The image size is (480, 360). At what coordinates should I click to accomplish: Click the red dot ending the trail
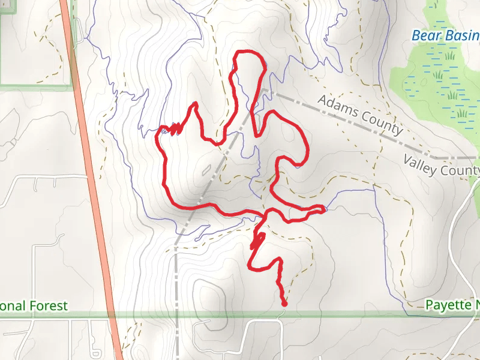click(x=284, y=304)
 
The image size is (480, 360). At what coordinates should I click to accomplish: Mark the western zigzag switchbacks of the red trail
click(x=175, y=128)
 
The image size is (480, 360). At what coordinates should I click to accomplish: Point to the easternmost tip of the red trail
click(x=324, y=209)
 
